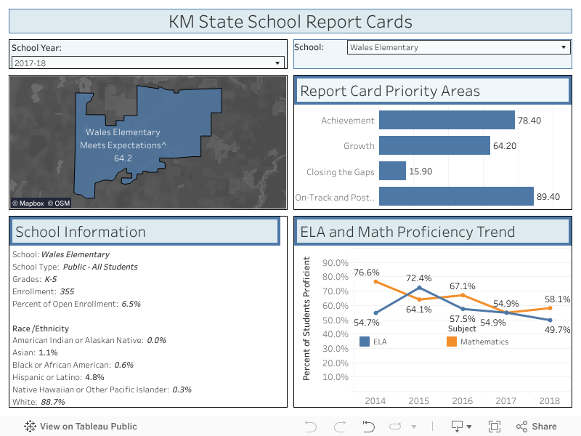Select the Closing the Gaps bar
(x=392, y=171)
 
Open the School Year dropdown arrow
(x=277, y=63)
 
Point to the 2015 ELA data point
(x=419, y=288)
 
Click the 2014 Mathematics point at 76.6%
(x=375, y=282)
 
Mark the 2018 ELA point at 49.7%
(x=550, y=320)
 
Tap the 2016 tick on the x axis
(x=463, y=400)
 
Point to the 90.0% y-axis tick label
(x=336, y=263)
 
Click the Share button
(x=537, y=427)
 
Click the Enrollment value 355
(x=67, y=291)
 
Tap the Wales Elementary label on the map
(x=123, y=132)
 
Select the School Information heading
(x=81, y=232)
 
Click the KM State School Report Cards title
(x=290, y=22)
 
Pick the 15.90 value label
(x=421, y=171)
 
